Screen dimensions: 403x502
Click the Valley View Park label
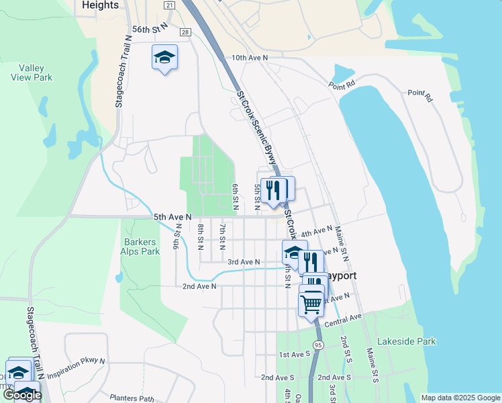(x=36, y=73)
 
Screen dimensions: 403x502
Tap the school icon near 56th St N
(x=164, y=58)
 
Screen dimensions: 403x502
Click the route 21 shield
(x=169, y=5)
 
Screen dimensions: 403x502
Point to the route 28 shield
(x=185, y=32)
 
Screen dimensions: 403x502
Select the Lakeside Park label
(x=406, y=341)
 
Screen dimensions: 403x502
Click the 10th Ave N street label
(x=249, y=58)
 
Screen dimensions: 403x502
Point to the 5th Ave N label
(x=172, y=217)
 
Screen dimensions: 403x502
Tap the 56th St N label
(x=149, y=30)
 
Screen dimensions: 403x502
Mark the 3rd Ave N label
(x=243, y=261)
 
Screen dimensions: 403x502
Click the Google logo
(x=22, y=395)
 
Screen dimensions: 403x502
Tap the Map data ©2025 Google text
(x=460, y=398)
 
